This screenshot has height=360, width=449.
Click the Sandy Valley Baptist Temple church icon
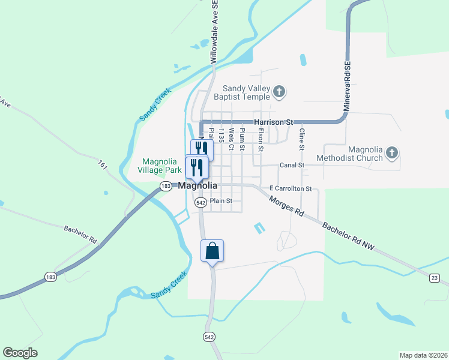click(x=279, y=92)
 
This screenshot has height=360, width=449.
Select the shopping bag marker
click(x=212, y=250)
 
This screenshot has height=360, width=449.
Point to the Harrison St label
click(x=273, y=122)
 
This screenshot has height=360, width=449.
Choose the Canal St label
click(x=292, y=165)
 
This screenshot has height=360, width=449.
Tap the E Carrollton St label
click(x=291, y=188)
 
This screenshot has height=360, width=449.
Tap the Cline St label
click(x=302, y=139)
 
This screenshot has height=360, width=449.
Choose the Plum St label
click(x=242, y=139)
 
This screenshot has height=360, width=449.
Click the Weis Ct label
click(x=231, y=139)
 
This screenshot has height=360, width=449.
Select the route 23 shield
click(x=434, y=277)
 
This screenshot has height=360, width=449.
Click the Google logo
click(x=20, y=353)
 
